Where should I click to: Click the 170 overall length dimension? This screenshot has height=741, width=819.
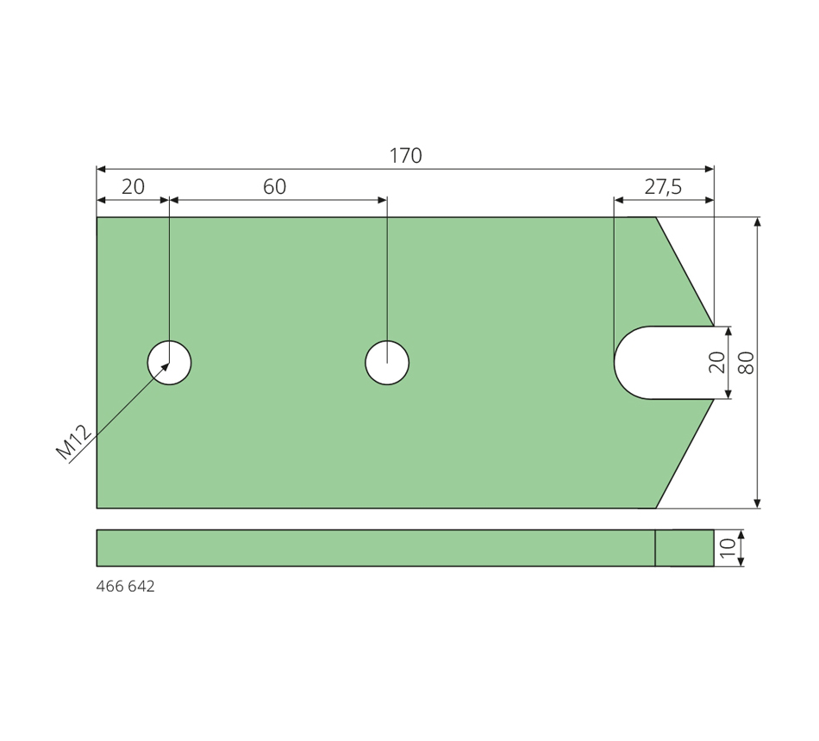click(406, 156)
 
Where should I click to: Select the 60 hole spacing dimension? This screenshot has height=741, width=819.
click(275, 186)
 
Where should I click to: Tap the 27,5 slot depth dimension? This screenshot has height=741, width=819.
click(663, 186)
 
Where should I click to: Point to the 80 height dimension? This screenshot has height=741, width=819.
click(747, 363)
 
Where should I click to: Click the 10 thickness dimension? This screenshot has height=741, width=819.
click(728, 548)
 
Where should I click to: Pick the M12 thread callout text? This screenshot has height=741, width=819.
click(74, 443)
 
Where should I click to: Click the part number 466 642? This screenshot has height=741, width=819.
click(125, 587)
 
